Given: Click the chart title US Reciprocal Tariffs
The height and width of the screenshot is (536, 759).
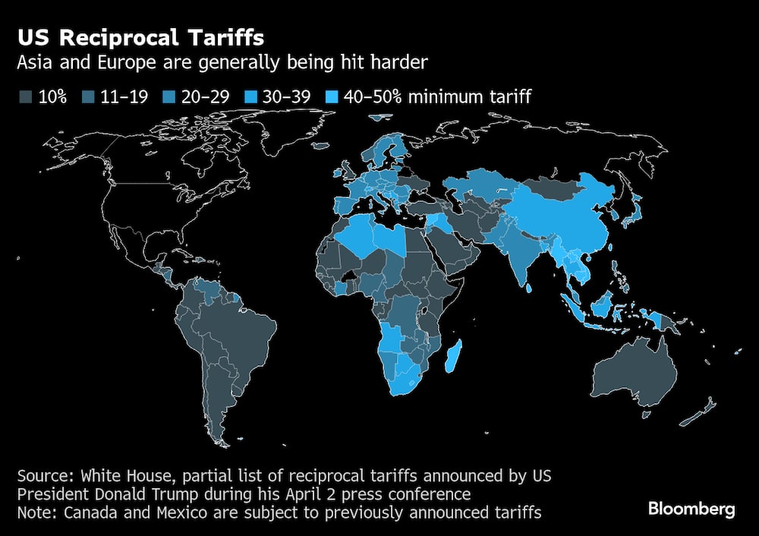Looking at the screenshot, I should pyautogui.click(x=142, y=37).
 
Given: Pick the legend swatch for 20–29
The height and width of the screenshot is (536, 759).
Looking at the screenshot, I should pyautogui.click(x=151, y=96).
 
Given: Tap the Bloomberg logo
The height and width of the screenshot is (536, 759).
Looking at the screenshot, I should pyautogui.click(x=691, y=509).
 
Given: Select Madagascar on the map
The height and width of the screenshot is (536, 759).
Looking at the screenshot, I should pyautogui.click(x=453, y=356).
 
